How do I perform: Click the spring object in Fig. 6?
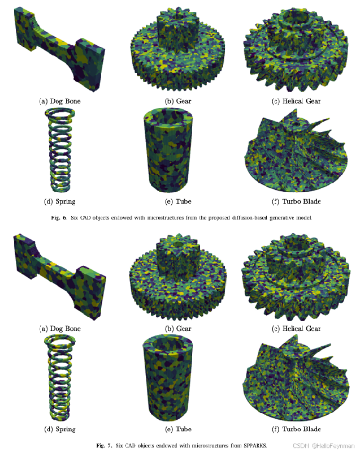click(x=60, y=150)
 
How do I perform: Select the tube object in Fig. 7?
click(x=168, y=378)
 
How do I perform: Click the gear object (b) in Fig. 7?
click(x=178, y=278)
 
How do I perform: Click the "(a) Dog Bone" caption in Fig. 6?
click(x=60, y=101)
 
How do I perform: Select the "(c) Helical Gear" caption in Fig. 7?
click(x=296, y=329)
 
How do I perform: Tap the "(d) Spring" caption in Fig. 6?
click(x=60, y=201)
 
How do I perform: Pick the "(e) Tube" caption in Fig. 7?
click(x=178, y=429)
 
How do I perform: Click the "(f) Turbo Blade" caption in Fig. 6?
click(x=296, y=201)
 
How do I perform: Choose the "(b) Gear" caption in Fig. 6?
click(x=178, y=101)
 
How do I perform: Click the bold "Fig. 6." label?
click(x=59, y=218)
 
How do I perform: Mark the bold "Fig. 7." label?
click(x=104, y=445)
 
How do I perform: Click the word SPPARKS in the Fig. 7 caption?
click(x=255, y=445)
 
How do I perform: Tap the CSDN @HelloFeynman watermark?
click(x=323, y=446)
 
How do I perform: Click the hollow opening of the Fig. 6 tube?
click(x=168, y=118)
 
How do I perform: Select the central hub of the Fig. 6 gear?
click(x=177, y=27)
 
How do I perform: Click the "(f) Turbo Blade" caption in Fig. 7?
click(x=296, y=429)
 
